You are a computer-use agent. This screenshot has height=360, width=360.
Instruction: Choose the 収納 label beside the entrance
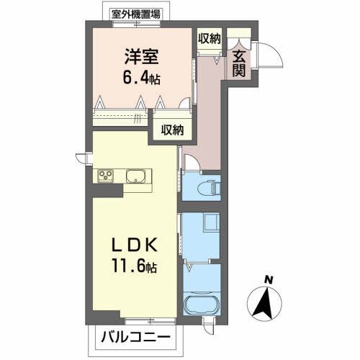tap(210, 38)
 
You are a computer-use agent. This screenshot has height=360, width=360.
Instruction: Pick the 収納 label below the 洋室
tap(172, 130)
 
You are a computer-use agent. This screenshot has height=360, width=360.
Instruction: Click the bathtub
tap(199, 304)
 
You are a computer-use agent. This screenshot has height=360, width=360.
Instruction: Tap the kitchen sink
tap(137, 176)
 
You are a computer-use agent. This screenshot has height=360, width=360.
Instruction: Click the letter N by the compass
tap(268, 279)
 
